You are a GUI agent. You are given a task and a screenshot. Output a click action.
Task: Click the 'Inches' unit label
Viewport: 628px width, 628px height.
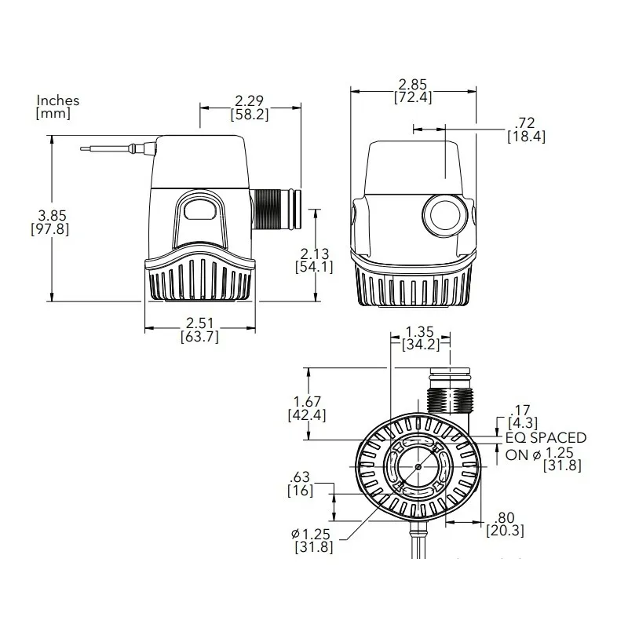point(58,100)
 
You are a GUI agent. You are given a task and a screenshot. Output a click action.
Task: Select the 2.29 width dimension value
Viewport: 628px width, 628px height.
point(250,100)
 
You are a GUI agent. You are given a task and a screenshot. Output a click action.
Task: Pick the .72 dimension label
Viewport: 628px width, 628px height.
point(528,123)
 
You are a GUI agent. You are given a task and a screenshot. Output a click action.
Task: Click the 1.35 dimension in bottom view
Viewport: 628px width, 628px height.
point(421,331)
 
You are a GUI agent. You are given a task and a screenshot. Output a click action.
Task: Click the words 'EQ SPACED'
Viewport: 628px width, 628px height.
point(546,438)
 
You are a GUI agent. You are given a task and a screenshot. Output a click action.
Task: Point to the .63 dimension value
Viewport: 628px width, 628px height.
point(301,477)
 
